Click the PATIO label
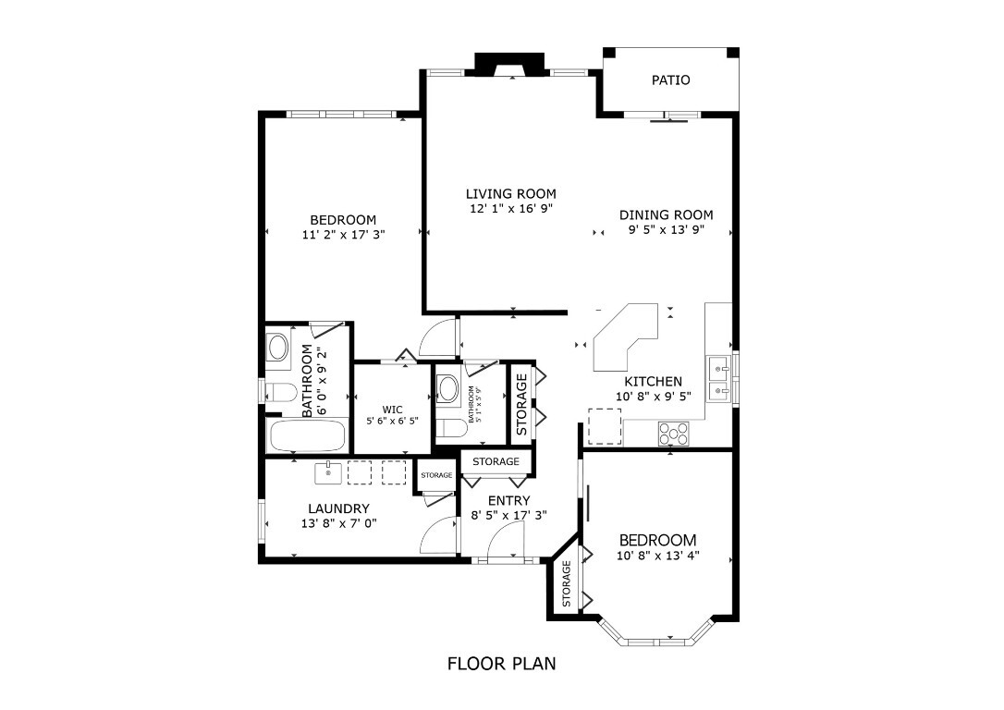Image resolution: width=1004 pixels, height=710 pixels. click(670, 80)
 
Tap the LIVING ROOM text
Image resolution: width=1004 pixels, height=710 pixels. click(510, 194)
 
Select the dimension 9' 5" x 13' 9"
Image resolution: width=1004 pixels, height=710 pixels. click(666, 230)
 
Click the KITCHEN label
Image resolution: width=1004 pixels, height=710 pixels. click(653, 381)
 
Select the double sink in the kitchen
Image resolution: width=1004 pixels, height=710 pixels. click(718, 379)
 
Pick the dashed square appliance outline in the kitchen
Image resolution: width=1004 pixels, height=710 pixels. click(602, 423)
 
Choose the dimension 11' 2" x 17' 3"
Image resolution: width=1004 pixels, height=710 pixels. click(343, 235)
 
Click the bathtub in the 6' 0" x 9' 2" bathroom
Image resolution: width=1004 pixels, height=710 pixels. click(306, 435)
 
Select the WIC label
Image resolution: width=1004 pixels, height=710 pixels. click(393, 410)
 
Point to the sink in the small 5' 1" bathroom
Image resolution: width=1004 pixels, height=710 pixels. click(447, 387)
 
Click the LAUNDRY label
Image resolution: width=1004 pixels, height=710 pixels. click(338, 508)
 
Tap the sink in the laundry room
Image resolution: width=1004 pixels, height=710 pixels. click(328, 472)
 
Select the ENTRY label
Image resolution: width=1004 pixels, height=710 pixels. click(508, 501)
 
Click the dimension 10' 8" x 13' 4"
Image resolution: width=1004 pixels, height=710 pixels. click(657, 556)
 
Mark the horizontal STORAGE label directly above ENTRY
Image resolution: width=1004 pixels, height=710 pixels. click(496, 461)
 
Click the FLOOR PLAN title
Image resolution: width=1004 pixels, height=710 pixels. click(501, 663)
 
